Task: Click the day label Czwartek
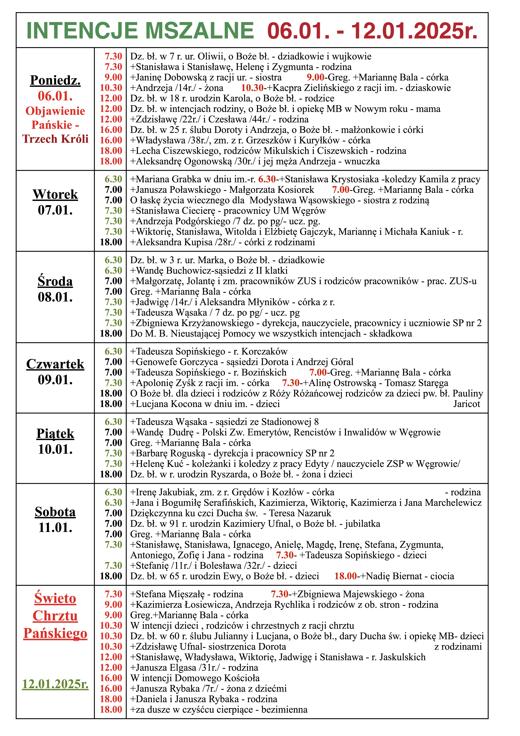55,364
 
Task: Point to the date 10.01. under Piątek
55,449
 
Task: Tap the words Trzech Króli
55,139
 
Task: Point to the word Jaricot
467,404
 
